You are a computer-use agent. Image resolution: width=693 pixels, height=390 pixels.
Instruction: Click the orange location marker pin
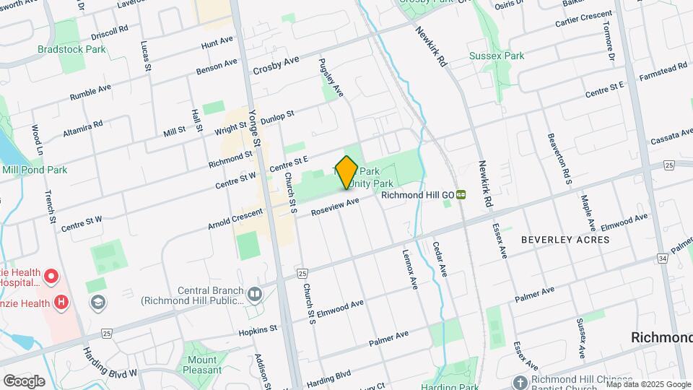[346, 172]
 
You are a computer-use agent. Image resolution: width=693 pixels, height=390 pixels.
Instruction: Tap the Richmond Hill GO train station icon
[461, 194]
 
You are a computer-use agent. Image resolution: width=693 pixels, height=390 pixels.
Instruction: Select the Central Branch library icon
[254, 293]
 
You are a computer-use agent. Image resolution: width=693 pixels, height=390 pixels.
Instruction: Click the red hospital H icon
[63, 303]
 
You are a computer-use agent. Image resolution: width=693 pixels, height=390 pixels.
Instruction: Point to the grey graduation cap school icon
[95, 301]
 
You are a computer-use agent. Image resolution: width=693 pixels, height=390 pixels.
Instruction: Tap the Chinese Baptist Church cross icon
[520, 381]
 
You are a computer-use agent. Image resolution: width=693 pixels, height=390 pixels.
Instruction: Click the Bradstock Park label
[71, 49]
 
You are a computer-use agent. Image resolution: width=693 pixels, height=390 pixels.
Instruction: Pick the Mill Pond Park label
[34, 170]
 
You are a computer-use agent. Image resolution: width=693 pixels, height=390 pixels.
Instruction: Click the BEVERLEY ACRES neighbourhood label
[566, 239]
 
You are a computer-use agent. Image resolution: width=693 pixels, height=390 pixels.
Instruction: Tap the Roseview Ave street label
[335, 207]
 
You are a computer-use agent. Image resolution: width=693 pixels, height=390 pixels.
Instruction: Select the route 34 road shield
[663, 258]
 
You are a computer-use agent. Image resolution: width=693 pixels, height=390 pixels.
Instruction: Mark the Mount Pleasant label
[202, 365]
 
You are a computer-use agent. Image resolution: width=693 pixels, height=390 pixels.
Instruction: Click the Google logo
[24, 380]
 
